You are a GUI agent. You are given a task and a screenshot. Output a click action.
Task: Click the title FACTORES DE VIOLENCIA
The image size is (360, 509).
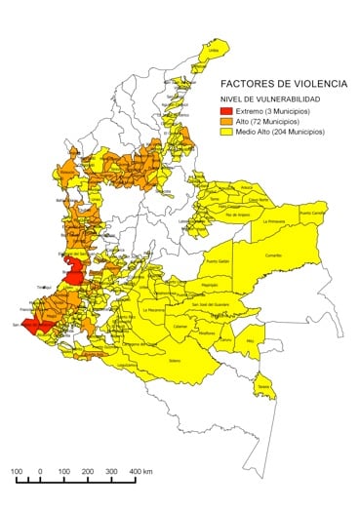[282, 84]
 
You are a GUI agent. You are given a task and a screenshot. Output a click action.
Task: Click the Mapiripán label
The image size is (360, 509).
[209, 285]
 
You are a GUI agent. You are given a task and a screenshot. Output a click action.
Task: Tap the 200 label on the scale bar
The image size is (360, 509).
[88, 473]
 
